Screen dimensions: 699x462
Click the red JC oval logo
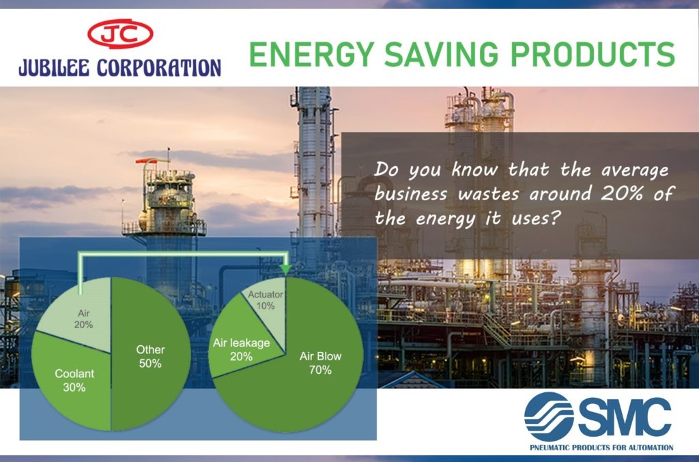[120, 34]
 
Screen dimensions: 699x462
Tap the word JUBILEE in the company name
[55, 68]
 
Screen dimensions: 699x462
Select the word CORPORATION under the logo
[158, 68]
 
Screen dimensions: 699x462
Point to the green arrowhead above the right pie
[285, 269]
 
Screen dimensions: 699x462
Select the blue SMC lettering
[625, 418]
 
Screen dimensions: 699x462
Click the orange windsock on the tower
[146, 160]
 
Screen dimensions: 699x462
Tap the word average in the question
[635, 170]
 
